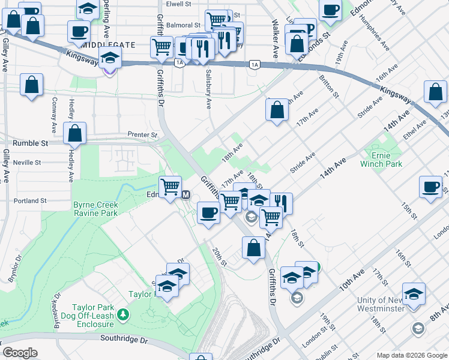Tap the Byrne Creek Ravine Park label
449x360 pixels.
pos(95,209)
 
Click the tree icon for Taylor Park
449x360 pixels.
pos(123,314)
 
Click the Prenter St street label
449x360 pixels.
pos(142,135)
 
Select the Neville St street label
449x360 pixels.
pos(26,163)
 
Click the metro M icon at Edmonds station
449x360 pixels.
pos(186,195)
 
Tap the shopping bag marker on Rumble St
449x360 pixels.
pos(75,134)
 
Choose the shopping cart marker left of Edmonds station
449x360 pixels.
pos(170,186)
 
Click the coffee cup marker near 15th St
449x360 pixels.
pos(430,187)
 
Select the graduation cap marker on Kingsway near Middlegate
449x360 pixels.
pos(110,58)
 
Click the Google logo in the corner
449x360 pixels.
pos(20,353)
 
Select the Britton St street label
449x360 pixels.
pos(330,86)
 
